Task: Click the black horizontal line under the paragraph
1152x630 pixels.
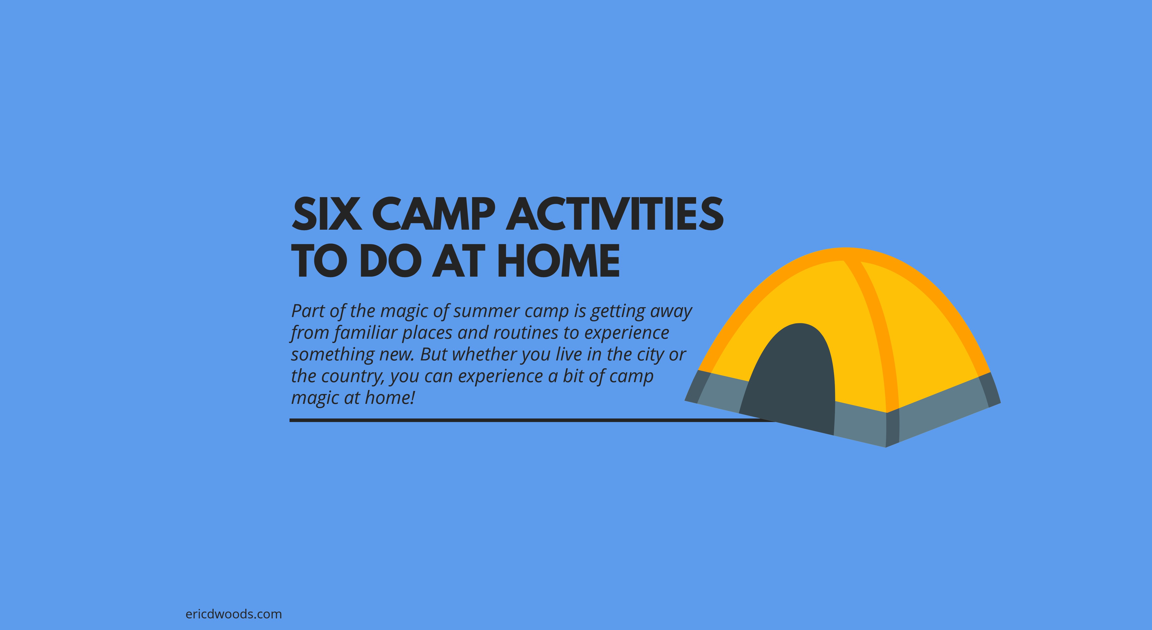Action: [532, 420]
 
